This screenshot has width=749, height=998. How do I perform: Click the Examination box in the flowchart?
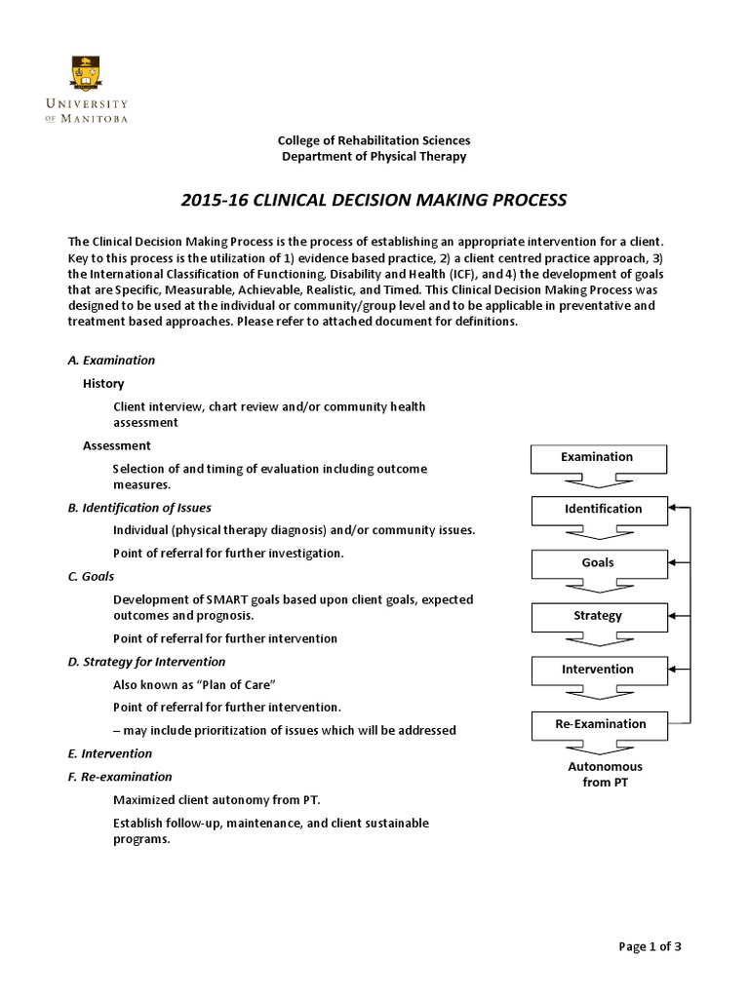(x=597, y=457)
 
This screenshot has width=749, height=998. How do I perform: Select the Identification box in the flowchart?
(x=597, y=509)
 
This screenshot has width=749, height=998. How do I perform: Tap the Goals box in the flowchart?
(x=597, y=562)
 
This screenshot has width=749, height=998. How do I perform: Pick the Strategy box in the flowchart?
(x=597, y=616)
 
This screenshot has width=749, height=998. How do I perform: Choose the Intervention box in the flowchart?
(x=597, y=670)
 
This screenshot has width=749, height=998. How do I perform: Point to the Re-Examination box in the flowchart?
(x=597, y=724)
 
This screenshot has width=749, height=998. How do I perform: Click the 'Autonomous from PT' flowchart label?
(x=605, y=775)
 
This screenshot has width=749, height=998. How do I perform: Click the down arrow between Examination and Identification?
(x=598, y=480)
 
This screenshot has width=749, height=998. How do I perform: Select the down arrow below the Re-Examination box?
(x=598, y=748)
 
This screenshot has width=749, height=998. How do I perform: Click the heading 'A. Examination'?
(x=111, y=360)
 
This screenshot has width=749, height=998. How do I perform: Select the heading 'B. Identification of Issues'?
(x=139, y=508)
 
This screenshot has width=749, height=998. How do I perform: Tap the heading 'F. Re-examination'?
(x=119, y=777)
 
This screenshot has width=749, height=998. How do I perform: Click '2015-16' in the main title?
(x=213, y=201)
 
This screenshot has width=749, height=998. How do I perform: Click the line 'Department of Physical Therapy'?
(x=374, y=156)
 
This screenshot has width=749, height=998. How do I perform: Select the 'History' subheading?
(x=103, y=384)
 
